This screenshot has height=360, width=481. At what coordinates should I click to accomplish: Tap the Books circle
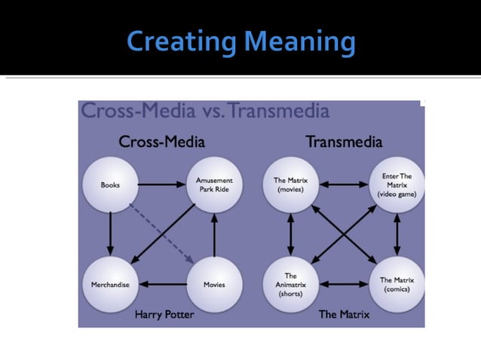111,185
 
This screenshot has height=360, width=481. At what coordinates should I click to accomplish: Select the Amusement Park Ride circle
214,185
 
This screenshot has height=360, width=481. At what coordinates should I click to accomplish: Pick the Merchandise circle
111,285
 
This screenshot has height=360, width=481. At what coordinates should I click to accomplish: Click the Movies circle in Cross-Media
214,285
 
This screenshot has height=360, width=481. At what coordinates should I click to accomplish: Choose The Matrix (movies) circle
290,185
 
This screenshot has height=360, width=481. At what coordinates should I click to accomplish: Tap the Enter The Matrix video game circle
397,185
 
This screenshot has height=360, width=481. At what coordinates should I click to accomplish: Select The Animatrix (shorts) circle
290,285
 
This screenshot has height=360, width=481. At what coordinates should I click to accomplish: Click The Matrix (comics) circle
397,285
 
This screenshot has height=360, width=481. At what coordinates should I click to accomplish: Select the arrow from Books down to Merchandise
111,234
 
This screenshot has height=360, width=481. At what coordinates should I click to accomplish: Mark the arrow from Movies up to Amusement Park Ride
214,234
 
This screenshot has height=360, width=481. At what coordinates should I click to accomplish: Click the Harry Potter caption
164,314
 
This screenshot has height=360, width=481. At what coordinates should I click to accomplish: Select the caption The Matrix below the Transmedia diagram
344,314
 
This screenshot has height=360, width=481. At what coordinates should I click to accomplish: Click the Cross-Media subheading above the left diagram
161,142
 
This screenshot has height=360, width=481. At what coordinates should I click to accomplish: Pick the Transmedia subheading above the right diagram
344,142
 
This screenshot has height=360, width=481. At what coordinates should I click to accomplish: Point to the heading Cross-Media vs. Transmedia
205,111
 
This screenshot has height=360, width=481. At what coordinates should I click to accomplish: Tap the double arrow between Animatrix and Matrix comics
344,285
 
